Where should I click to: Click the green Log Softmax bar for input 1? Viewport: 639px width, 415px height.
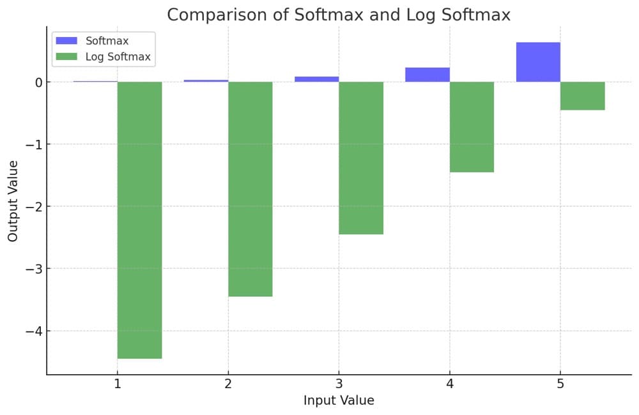click(x=139, y=220)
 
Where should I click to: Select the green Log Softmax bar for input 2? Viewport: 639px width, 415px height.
click(x=250, y=189)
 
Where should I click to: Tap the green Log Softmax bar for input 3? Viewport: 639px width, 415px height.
click(x=361, y=158)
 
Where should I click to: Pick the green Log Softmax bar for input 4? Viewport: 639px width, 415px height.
click(x=472, y=126)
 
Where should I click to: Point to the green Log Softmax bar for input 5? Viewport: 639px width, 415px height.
click(x=582, y=96)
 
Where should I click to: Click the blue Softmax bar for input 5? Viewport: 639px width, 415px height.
click(x=538, y=62)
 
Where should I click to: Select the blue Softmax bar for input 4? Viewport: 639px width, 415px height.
click(x=427, y=75)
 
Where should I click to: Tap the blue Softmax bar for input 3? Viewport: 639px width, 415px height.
click(x=317, y=79)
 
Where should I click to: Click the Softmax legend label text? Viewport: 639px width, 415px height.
click(x=107, y=41)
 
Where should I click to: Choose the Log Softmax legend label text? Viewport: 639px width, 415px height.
click(x=118, y=57)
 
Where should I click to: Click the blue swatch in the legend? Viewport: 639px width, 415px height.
click(x=66, y=41)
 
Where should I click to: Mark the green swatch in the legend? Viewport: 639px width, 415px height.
click(x=66, y=57)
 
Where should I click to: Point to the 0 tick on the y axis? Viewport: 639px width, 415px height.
click(x=38, y=82)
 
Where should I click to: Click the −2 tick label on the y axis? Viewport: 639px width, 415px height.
click(x=33, y=206)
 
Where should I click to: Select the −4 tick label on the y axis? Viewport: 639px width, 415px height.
click(x=33, y=331)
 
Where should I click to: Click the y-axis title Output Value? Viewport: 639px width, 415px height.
click(x=13, y=200)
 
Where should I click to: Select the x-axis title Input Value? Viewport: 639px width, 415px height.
click(x=339, y=401)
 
